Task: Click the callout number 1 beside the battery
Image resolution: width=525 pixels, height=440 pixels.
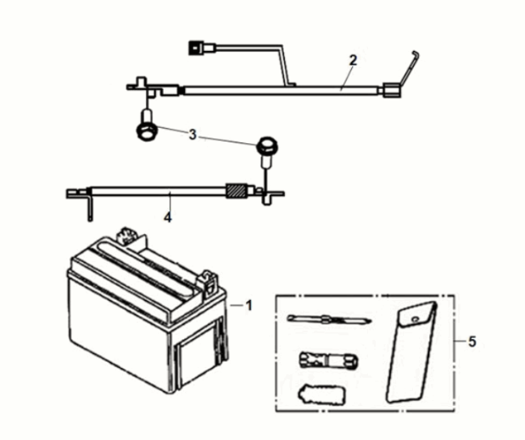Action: pyautogui.click(x=248, y=304)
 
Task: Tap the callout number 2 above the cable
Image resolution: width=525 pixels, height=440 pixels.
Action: pyautogui.click(x=353, y=60)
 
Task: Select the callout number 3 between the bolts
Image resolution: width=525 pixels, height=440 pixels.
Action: pyautogui.click(x=193, y=134)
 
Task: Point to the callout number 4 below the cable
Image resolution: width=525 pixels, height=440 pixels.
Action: pyautogui.click(x=168, y=218)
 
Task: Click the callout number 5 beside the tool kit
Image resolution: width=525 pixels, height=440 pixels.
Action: pyautogui.click(x=472, y=342)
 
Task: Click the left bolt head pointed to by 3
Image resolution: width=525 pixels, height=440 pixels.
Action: pyautogui.click(x=144, y=131)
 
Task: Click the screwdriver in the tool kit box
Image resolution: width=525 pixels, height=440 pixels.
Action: pyautogui.click(x=327, y=320)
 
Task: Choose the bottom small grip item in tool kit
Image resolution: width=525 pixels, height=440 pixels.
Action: pyautogui.click(x=318, y=394)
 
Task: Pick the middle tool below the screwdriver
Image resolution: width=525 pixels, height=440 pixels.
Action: pyautogui.click(x=322, y=359)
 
